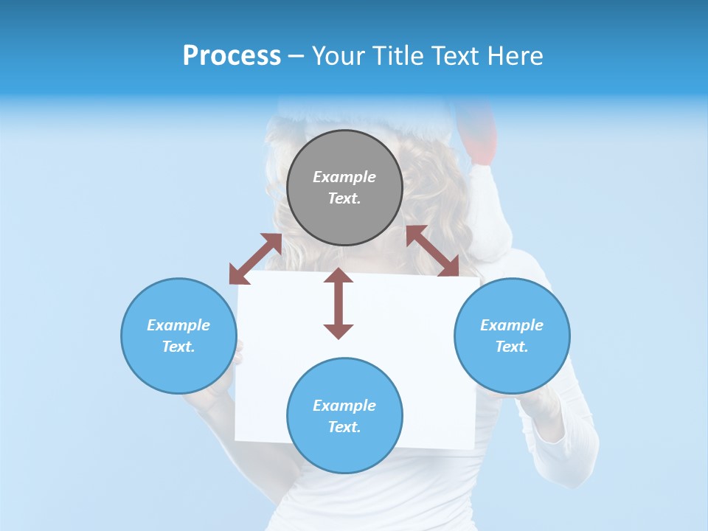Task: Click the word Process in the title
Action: pyautogui.click(x=232, y=55)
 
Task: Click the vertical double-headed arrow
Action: pyautogui.click(x=339, y=303)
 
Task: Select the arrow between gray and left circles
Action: pyautogui.click(x=255, y=259)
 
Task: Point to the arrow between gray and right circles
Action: pyautogui.click(x=433, y=251)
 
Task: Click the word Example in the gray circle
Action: pyautogui.click(x=344, y=177)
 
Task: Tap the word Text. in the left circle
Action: pyautogui.click(x=178, y=347)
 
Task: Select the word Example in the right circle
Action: pyautogui.click(x=512, y=325)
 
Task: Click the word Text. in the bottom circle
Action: pyautogui.click(x=344, y=427)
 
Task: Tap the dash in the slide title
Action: pyautogui.click(x=296, y=56)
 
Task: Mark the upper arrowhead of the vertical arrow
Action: pyautogui.click(x=339, y=277)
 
